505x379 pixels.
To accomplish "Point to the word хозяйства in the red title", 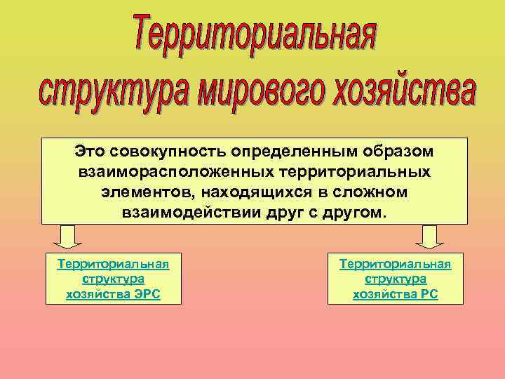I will click(403, 92).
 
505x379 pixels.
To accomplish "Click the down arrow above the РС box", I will click(430, 237).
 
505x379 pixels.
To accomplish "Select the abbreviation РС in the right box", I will click(429, 295).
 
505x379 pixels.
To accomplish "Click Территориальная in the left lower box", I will click(114, 264).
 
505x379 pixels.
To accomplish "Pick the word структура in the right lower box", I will click(396, 279).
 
